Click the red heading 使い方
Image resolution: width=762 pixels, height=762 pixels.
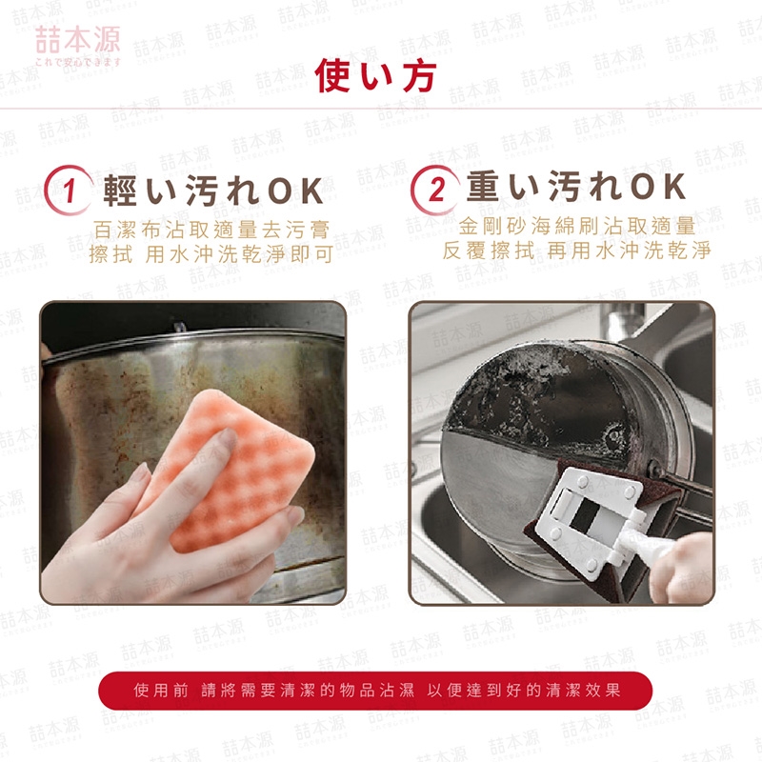coord(375,76)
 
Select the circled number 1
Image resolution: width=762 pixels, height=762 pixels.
coord(68,190)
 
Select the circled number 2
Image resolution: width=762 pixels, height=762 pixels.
coord(435,190)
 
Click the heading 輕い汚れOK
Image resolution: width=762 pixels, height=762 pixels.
coord(212,190)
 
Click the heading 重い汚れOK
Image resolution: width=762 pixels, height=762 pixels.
coord(576,187)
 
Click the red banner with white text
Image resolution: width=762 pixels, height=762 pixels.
coord(375,690)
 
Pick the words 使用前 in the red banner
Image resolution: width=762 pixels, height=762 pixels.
coord(161,690)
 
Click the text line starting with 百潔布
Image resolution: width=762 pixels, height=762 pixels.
coord(211,230)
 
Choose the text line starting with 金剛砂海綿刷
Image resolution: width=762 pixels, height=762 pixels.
coord(577,226)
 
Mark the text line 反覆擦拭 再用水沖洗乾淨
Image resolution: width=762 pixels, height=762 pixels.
coord(576,251)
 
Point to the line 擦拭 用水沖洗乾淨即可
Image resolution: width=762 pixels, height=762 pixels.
coord(211,254)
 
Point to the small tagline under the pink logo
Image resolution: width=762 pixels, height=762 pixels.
coord(78,62)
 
